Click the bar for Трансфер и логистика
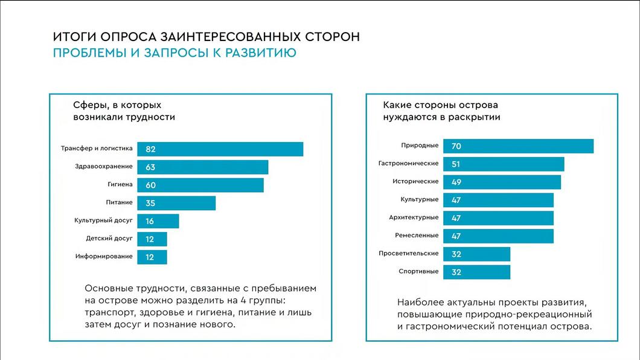(x=220, y=149)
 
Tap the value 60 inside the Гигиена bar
(x=150, y=185)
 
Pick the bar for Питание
(x=176, y=203)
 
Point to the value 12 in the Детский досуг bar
(x=150, y=239)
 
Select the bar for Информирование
(x=152, y=257)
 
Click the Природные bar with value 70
(x=518, y=146)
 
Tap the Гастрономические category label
(x=408, y=163)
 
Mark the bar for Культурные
(x=498, y=200)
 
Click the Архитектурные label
(x=414, y=217)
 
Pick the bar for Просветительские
(x=476, y=254)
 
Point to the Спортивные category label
(x=418, y=271)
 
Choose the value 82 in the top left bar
(x=150, y=149)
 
